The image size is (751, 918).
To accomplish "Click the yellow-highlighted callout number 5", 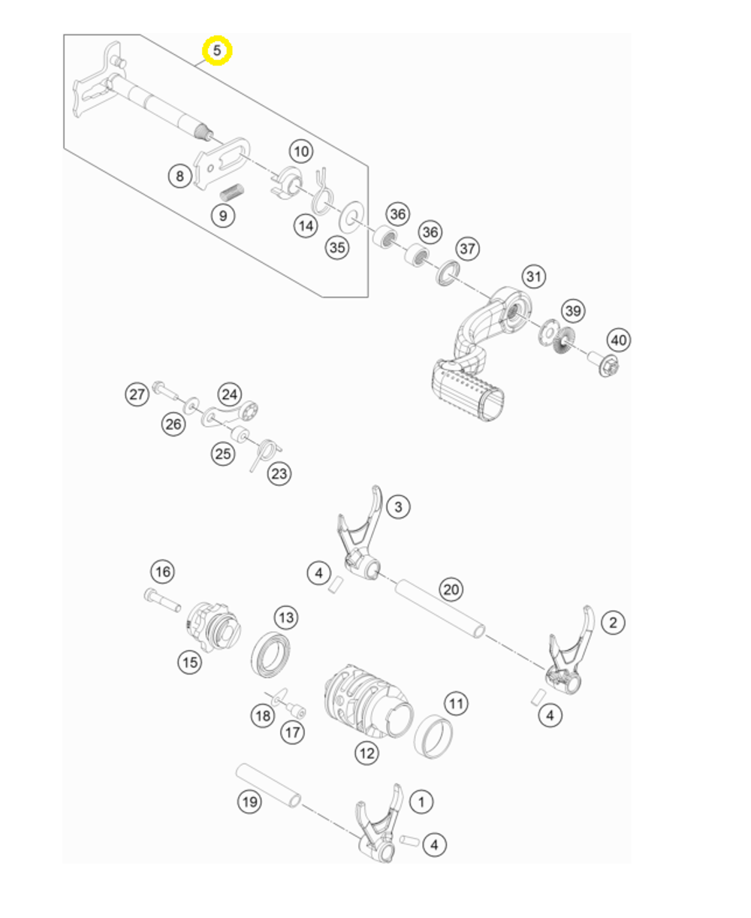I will [217, 51].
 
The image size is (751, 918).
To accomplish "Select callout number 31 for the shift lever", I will [533, 276].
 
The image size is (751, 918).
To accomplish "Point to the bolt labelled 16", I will [161, 599].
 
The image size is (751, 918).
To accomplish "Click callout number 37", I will [468, 248].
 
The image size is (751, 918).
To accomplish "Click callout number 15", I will [189, 662].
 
